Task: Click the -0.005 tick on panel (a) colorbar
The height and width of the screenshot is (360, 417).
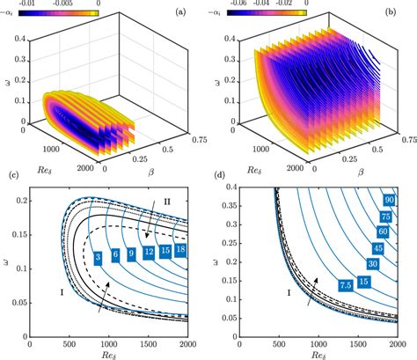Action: click(60, 4)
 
